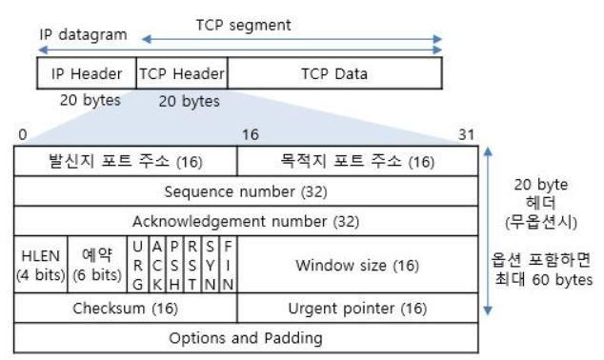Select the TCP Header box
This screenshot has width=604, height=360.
[181, 73]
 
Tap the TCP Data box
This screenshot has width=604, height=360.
[333, 73]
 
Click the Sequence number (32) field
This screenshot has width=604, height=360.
[246, 190]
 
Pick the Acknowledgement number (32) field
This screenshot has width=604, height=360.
[246, 221]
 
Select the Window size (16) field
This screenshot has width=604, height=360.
[356, 264]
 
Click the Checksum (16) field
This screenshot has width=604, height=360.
[125, 309]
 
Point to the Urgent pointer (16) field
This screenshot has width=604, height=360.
[356, 309]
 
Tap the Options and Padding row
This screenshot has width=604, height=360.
[246, 337]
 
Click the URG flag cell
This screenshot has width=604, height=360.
[138, 265]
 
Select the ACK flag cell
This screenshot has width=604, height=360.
[158, 265]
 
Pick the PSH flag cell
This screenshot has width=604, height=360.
[177, 265]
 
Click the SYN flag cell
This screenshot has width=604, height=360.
[212, 265]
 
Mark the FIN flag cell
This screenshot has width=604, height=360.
[229, 265]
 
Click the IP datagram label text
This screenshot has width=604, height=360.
[83, 35]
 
